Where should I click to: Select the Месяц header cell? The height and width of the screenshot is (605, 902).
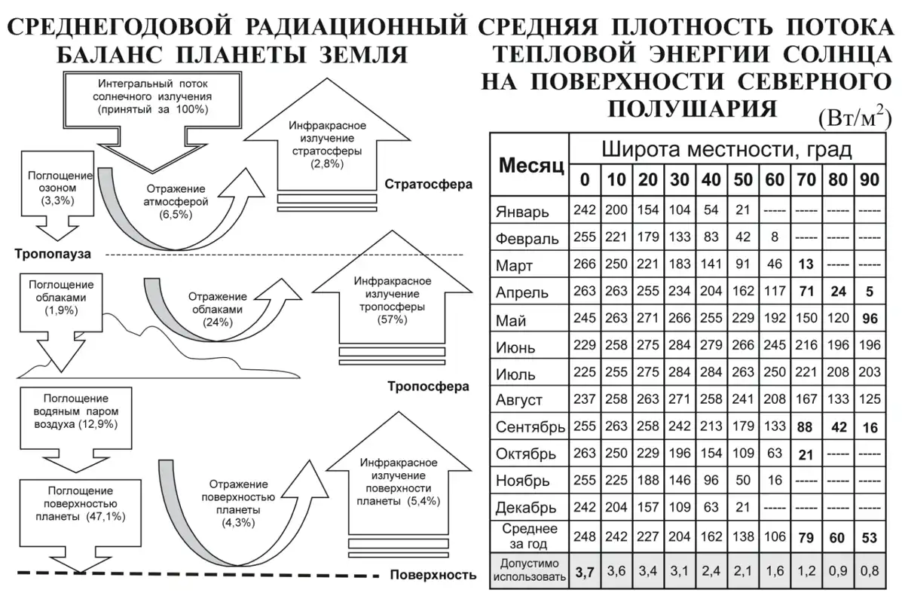coord(530,165)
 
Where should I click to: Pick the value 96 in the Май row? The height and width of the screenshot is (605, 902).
coord(870,319)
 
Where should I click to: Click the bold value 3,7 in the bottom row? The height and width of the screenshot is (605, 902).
coord(585,572)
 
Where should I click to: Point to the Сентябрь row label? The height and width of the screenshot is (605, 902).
coord(530,428)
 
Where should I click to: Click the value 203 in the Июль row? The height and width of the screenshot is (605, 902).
coord(870,373)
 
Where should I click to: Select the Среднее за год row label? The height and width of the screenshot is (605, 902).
coord(530,536)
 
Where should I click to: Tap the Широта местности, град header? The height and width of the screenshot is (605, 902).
coord(726,149)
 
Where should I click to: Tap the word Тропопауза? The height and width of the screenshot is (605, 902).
coord(53,254)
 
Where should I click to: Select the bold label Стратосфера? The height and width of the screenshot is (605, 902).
coord(428,184)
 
